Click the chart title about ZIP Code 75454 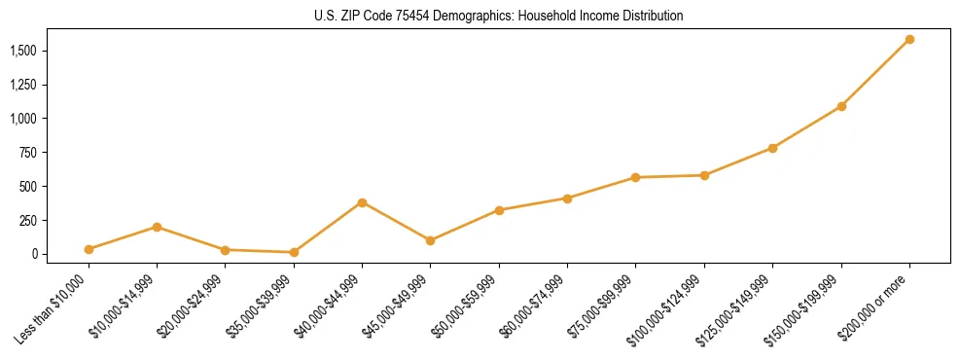[x=500, y=16]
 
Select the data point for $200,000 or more [x=909, y=40]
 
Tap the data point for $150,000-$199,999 [x=841, y=106]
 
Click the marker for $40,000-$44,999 [x=362, y=202]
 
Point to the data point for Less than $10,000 [x=89, y=249]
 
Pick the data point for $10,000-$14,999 [x=157, y=227]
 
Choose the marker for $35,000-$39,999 [x=294, y=252]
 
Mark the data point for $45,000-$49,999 [x=430, y=240]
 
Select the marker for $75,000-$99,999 [x=635, y=177]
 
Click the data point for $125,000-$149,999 [x=772, y=148]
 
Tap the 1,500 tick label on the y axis [x=22, y=51]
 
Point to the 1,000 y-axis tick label [x=22, y=119]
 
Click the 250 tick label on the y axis [x=28, y=221]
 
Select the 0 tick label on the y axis [x=34, y=254]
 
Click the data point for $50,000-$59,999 [x=499, y=210]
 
